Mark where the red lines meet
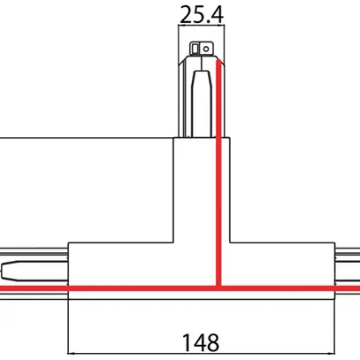point(217,288)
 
